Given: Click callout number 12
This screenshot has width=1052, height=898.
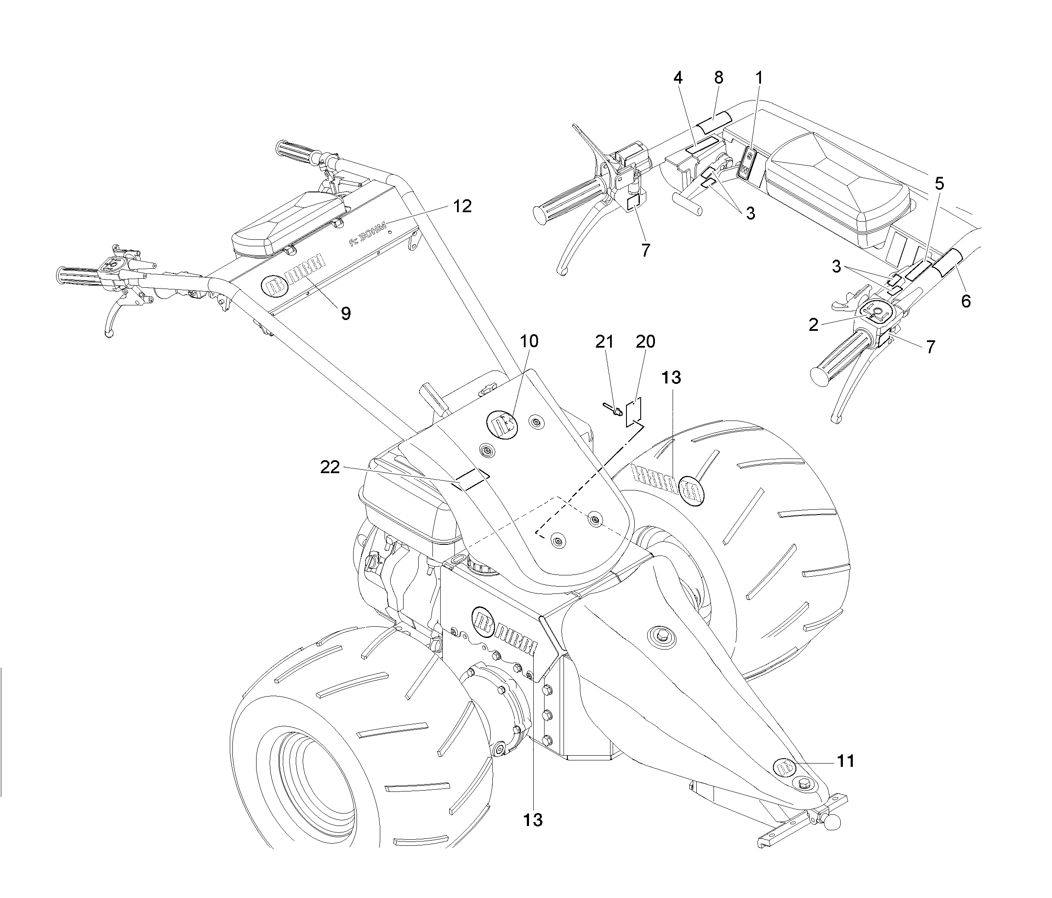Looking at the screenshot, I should [x=463, y=206].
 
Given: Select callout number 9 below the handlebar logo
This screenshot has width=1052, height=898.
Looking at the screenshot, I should [x=345, y=314].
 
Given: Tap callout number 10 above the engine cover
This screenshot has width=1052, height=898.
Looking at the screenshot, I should [x=529, y=341].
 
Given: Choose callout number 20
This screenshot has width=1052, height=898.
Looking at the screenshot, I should [x=645, y=342].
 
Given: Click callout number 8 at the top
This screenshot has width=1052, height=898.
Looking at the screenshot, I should [x=718, y=78].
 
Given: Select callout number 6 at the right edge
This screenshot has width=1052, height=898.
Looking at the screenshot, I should [x=966, y=301].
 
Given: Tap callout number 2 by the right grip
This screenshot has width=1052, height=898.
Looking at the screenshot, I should [x=814, y=324].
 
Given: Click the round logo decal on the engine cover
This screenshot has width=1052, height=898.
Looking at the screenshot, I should [x=501, y=424].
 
